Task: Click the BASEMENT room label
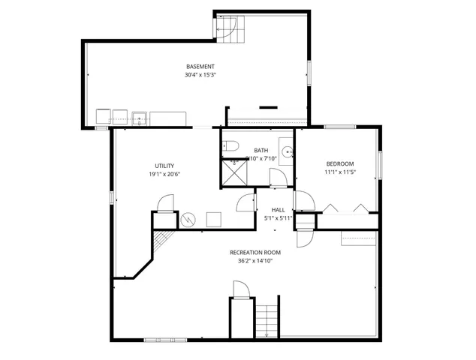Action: click(x=200, y=66)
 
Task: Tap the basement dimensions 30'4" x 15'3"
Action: click(x=200, y=75)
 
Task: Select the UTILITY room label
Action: click(x=164, y=165)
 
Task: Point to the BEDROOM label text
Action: click(x=339, y=163)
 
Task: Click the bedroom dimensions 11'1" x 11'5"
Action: click(x=339, y=172)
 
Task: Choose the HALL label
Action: click(x=278, y=210)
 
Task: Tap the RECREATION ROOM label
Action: click(x=255, y=253)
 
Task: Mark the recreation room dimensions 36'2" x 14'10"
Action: click(x=255, y=261)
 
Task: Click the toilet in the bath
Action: click(x=230, y=145)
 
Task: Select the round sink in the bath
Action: click(x=287, y=150)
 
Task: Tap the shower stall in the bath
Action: click(x=235, y=172)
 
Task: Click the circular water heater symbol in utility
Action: click(x=188, y=220)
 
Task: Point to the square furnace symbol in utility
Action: click(x=213, y=219)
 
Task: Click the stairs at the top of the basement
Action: click(x=227, y=28)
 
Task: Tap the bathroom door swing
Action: click(x=277, y=177)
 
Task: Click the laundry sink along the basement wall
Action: click(x=139, y=117)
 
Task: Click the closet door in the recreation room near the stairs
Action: click(x=240, y=289)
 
